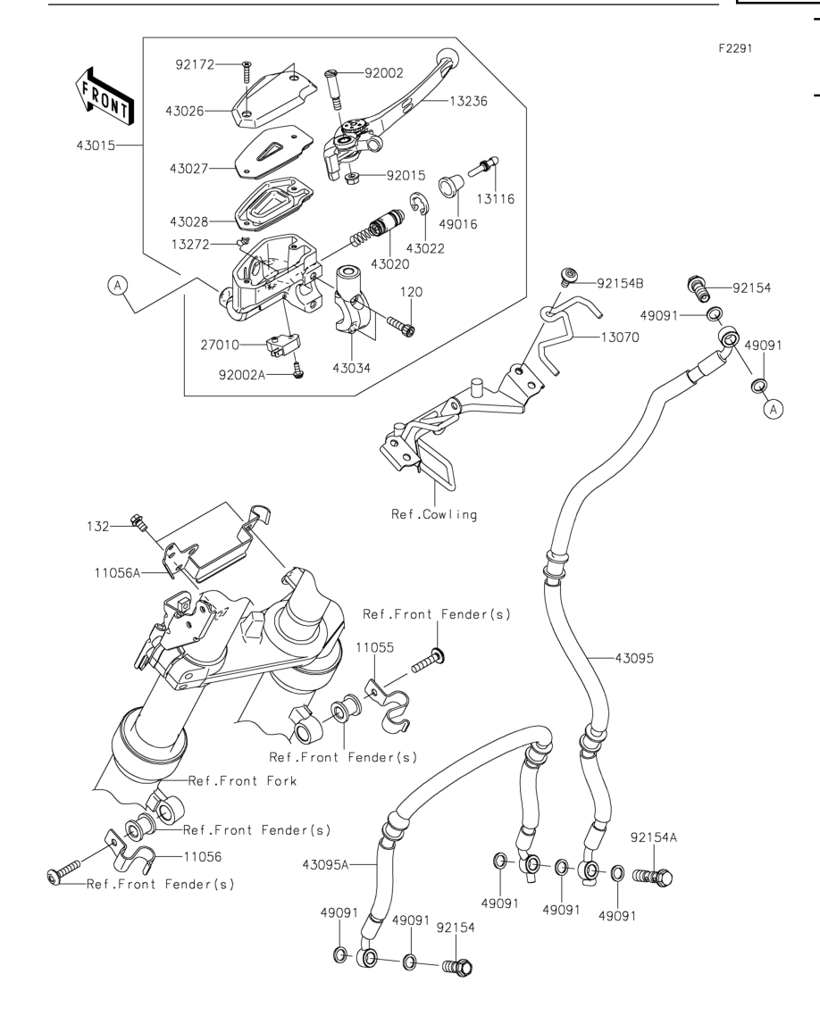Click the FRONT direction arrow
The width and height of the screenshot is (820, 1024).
click(105, 96)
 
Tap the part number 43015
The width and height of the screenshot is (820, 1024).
click(96, 146)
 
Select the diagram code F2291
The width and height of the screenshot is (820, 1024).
click(736, 48)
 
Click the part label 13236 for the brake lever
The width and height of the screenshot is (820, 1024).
click(468, 101)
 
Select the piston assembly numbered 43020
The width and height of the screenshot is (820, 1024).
click(378, 229)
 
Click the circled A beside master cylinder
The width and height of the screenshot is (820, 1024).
click(118, 286)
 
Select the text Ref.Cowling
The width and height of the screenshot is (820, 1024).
click(434, 514)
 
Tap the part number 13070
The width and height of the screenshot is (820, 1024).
click(620, 337)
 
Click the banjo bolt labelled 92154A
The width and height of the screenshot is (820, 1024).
click(653, 877)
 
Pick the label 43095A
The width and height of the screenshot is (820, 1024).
click(325, 865)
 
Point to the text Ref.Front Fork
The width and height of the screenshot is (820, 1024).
click(242, 781)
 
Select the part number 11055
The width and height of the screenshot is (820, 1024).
click(375, 648)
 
